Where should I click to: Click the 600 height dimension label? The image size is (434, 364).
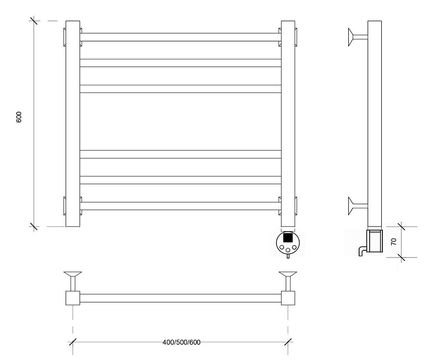[x=19, y=117]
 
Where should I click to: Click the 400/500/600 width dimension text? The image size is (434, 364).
[x=181, y=342]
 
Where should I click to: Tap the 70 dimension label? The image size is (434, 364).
[x=394, y=241]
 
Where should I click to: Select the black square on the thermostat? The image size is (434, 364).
[x=288, y=238]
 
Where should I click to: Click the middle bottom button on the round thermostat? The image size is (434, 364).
[x=288, y=250]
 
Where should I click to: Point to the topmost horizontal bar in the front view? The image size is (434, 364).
[x=180, y=37]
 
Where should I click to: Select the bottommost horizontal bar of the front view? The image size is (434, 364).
[x=180, y=206]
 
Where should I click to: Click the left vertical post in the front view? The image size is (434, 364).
[x=73, y=124]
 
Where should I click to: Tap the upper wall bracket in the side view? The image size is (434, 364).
[x=358, y=37]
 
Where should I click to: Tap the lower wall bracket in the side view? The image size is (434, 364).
[x=358, y=206]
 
